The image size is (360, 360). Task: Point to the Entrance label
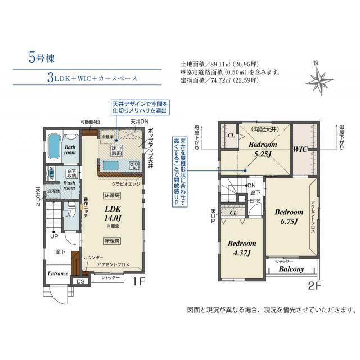click(58, 273)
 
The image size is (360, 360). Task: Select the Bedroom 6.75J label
click(289, 217)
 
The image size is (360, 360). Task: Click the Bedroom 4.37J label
click(242, 248)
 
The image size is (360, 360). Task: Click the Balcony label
click(291, 269)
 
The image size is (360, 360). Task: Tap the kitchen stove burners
click(134, 165)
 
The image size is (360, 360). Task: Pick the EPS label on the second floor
click(254, 200)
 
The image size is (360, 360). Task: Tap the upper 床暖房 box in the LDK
click(111, 196)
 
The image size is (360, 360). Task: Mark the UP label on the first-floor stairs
click(54, 236)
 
